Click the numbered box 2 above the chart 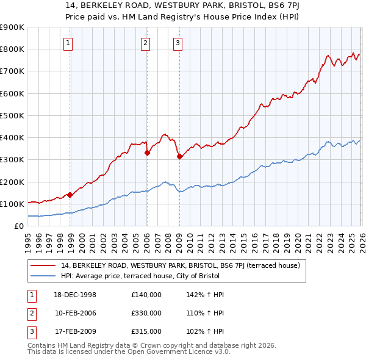pyautogui.click(x=145, y=43)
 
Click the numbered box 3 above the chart pyautogui.click(x=177, y=43)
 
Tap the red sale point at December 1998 pyautogui.click(x=70, y=195)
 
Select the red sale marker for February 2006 pyautogui.click(x=148, y=153)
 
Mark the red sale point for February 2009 pyautogui.click(x=179, y=157)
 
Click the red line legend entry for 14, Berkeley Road pyautogui.click(x=180, y=265)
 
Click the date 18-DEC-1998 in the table pyautogui.click(x=76, y=295)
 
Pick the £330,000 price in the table pyautogui.click(x=146, y=313)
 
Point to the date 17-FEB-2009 pyautogui.click(x=76, y=331)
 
